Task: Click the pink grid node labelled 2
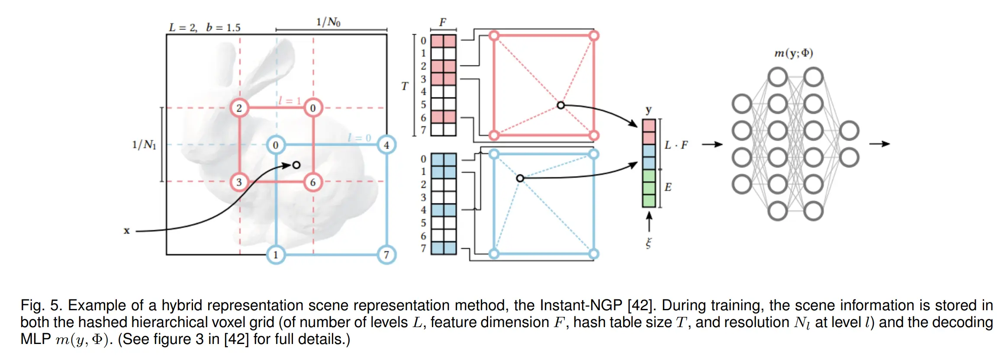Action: [x=239, y=108]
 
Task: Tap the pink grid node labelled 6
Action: [x=312, y=182]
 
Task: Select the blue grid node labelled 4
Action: [x=386, y=145]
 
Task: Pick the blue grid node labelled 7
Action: [x=386, y=254]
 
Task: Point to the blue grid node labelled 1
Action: [x=276, y=254]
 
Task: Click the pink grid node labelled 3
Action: [x=239, y=182]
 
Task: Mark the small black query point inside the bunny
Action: [x=296, y=165]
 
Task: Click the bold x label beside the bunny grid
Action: [x=126, y=231]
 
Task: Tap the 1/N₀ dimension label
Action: [x=328, y=22]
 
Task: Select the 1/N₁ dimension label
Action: [x=144, y=145]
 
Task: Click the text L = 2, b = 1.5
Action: [x=204, y=28]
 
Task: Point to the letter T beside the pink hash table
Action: [x=405, y=86]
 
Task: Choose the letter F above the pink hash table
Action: [x=443, y=22]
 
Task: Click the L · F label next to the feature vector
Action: [x=676, y=145]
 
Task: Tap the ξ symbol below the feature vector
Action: [x=648, y=243]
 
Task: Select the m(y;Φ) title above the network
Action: [x=793, y=53]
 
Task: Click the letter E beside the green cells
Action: [x=668, y=187]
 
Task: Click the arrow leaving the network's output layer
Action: [x=879, y=144]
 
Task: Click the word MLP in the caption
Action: [x=35, y=339]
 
